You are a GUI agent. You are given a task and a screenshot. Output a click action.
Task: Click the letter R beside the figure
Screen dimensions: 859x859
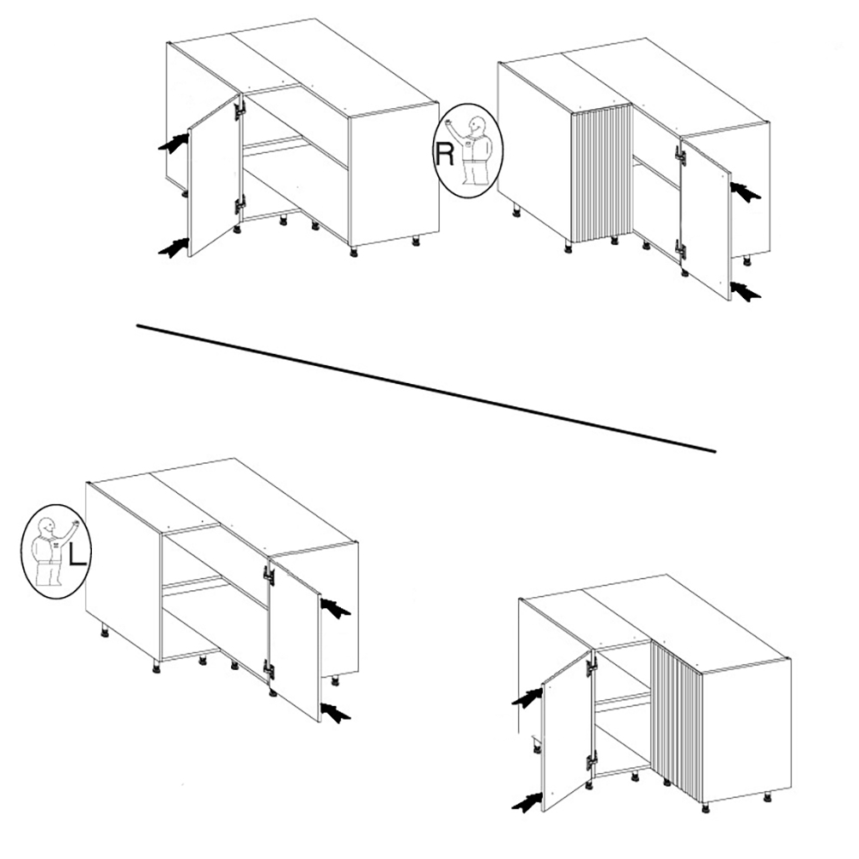[x=444, y=155]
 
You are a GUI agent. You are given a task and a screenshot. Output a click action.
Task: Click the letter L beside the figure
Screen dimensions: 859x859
[x=77, y=552]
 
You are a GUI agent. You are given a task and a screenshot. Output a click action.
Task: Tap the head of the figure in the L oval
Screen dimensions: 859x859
[x=46, y=527]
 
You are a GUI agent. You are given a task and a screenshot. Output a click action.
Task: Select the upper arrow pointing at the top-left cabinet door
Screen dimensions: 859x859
[x=174, y=143]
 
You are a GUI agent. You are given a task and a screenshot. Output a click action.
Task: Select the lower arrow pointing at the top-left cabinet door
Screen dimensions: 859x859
[x=174, y=248]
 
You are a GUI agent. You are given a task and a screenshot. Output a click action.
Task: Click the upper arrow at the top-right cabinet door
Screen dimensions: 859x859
[x=746, y=192]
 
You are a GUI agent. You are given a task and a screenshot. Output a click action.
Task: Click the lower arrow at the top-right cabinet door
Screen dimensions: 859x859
[x=746, y=290]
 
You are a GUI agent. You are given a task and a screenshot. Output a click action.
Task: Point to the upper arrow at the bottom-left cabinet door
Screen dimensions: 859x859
[x=335, y=607]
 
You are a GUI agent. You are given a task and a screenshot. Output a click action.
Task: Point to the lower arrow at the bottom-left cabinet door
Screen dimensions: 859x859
[x=335, y=711]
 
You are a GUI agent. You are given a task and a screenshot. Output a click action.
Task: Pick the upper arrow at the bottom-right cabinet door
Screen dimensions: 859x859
[x=527, y=698]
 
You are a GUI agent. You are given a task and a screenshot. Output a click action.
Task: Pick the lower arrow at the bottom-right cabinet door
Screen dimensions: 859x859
[x=527, y=802]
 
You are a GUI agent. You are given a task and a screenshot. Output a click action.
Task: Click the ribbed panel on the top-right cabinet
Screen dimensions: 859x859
[x=601, y=173]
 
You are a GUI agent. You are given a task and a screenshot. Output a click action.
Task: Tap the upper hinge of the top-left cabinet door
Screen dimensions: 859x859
[x=240, y=108]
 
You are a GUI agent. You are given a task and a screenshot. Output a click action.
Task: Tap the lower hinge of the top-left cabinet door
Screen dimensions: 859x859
[x=240, y=206]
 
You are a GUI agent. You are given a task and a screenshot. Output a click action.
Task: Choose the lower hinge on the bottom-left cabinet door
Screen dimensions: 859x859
[x=268, y=670]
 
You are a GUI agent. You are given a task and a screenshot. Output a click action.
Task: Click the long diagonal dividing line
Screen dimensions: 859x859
[x=426, y=388]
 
